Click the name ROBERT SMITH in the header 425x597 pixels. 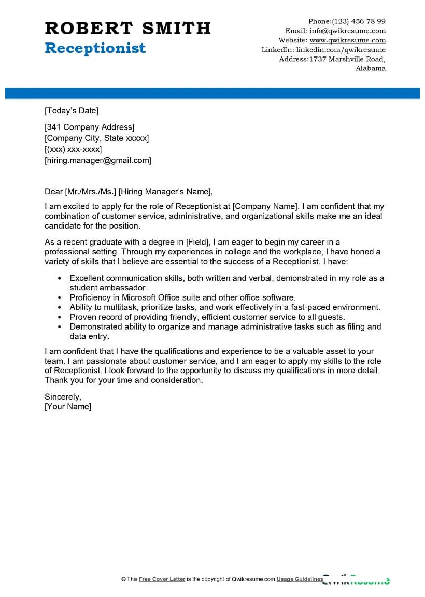click(x=127, y=28)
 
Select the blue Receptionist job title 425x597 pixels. click(x=95, y=48)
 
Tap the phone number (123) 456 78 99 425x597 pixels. click(x=359, y=21)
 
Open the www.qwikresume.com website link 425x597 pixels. click(x=348, y=40)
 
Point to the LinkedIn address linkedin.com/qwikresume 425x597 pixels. click(x=341, y=50)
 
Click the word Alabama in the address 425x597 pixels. click(x=371, y=68)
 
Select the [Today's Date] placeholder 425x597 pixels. click(x=72, y=110)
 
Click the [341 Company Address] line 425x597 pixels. click(x=90, y=127)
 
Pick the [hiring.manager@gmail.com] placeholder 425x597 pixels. click(x=98, y=160)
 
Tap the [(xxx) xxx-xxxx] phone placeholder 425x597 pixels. click(x=73, y=149)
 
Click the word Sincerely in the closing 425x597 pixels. click(x=63, y=396)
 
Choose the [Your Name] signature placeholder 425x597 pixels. click(x=68, y=406)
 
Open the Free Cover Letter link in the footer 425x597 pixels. click(x=162, y=579)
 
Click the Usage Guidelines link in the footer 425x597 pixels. click(x=300, y=579)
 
